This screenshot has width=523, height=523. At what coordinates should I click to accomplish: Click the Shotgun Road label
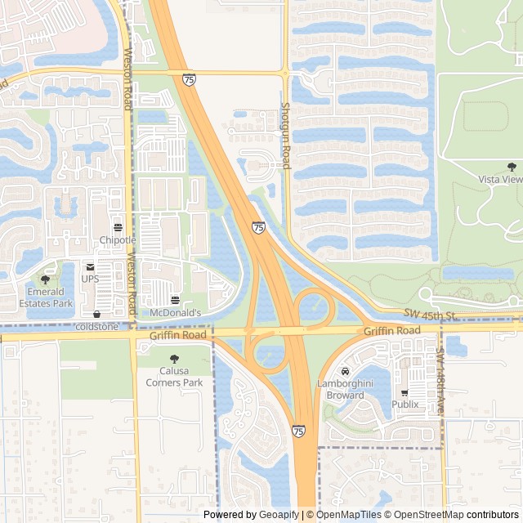click(286, 136)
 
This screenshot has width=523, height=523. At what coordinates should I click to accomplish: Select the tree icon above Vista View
click(489, 166)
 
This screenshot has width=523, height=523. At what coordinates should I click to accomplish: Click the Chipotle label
click(118, 240)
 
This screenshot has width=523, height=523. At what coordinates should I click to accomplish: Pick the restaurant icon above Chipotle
click(118, 227)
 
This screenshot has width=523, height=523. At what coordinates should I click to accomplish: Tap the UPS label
click(90, 279)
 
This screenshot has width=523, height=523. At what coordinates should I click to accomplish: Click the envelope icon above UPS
click(90, 266)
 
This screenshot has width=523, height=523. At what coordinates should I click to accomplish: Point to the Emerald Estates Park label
click(46, 297)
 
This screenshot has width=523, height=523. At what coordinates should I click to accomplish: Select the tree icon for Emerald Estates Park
click(45, 279)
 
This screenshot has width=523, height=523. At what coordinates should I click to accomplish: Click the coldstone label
click(96, 327)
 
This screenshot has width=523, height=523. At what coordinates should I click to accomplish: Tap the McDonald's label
click(176, 312)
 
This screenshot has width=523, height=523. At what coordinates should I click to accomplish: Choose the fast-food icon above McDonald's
click(176, 299)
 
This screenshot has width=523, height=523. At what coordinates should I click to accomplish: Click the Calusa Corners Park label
click(174, 377)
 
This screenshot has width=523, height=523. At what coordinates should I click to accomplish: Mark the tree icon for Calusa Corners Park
click(174, 359)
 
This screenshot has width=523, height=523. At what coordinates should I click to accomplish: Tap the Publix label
click(405, 405)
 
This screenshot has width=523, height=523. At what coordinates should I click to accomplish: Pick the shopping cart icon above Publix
click(405, 392)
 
